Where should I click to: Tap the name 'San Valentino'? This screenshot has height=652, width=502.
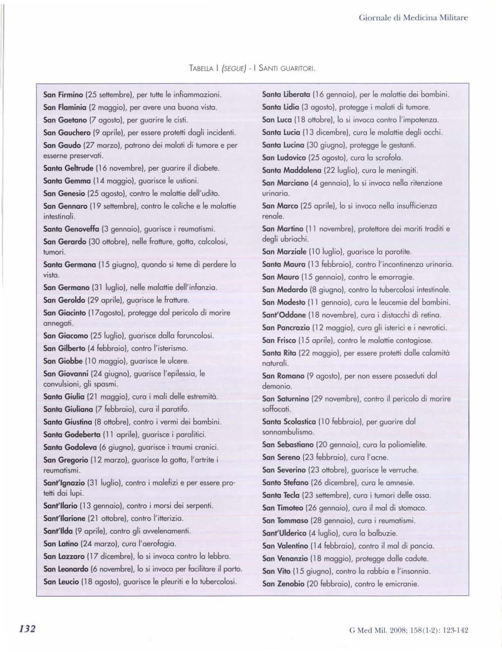click(x=285, y=546)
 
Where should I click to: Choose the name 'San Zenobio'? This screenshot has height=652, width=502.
click(x=282, y=584)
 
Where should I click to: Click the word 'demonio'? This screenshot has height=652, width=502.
click(x=277, y=386)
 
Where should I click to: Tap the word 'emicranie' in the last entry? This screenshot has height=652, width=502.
click(x=404, y=584)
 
